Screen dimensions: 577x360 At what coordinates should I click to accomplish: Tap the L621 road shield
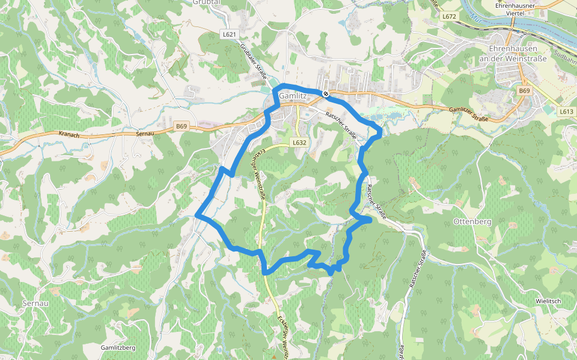tap(228, 35)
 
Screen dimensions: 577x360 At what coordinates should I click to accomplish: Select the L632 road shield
tap(301, 143)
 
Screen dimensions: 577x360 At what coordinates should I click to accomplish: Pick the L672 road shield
tap(449, 16)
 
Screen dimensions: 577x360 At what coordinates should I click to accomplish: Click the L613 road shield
tap(566, 112)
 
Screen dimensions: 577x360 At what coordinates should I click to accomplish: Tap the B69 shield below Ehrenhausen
tap(525, 91)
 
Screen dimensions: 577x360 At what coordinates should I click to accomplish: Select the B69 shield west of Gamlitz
tap(182, 126)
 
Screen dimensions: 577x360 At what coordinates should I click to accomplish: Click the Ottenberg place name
tap(471, 221)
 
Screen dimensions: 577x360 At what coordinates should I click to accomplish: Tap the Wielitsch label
tap(548, 300)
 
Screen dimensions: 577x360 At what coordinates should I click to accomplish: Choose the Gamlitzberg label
tap(118, 348)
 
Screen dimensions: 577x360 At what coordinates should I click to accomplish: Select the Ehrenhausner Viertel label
tap(515, 8)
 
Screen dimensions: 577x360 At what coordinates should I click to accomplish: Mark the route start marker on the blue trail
tap(325, 94)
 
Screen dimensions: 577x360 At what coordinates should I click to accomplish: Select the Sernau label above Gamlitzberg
tap(35, 304)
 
